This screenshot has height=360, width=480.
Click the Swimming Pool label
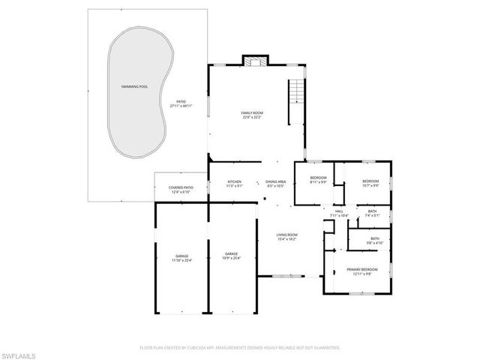coord(134,87)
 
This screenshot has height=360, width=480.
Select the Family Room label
coord(252,112)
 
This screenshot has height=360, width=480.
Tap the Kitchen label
coord(234,181)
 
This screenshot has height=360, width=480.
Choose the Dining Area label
coord(275,181)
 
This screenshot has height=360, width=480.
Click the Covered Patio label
coord(181,187)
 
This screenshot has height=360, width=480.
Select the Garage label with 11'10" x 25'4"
coord(181,256)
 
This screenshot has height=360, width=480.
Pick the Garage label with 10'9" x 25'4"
coord(230,256)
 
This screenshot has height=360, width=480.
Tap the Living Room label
coord(287,235)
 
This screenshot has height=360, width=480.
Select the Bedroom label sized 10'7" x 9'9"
coord(370,181)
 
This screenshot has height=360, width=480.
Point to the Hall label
coord(339,211)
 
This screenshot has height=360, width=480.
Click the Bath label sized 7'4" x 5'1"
coord(372,211)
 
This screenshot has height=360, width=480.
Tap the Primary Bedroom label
coord(361,268)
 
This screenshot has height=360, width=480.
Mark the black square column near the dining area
coord(264,199)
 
